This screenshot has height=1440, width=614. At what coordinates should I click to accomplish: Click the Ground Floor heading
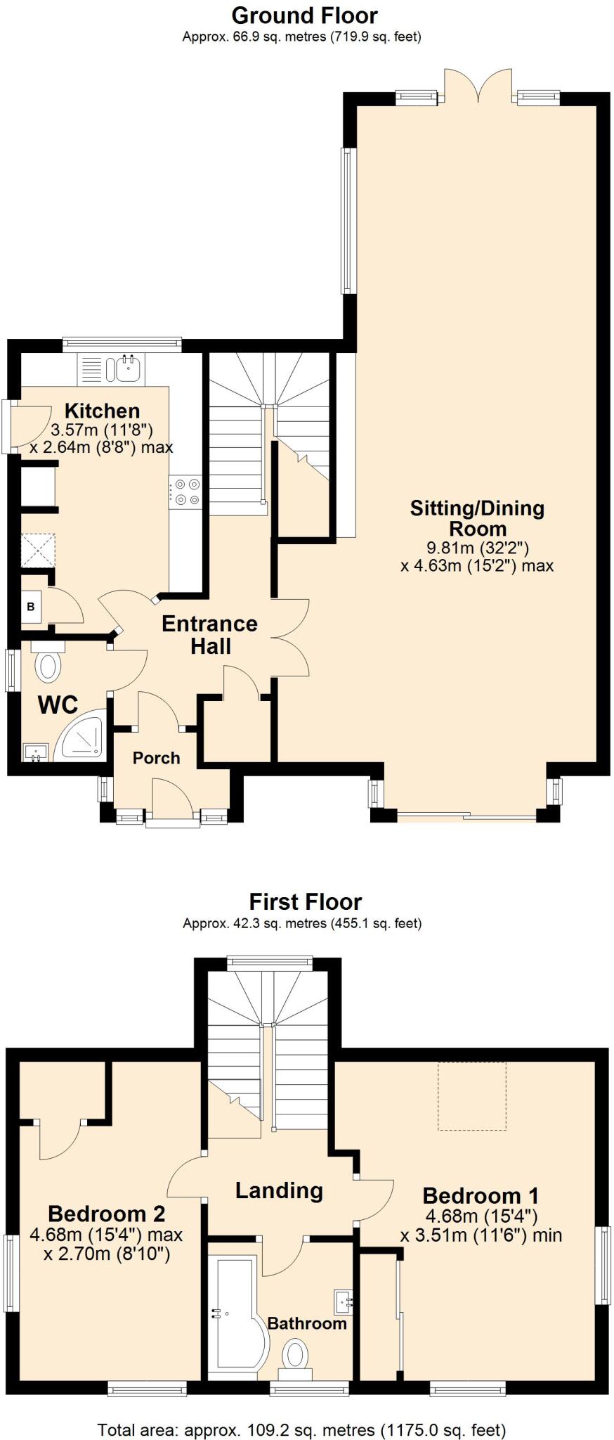(304, 15)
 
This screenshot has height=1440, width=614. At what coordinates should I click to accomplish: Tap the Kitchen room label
(102, 411)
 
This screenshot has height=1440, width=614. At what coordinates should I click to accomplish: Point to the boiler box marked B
(31, 606)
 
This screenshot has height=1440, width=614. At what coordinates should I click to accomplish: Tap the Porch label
(156, 758)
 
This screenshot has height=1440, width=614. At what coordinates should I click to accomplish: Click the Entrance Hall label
(209, 634)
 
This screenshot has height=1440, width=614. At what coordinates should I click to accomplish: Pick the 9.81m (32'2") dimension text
(478, 547)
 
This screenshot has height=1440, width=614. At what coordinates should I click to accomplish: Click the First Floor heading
(306, 901)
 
